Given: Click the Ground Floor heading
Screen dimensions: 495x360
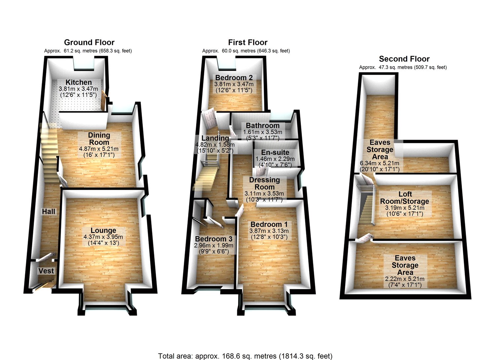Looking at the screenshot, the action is (x=89, y=42).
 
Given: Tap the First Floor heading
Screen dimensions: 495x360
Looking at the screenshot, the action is (x=247, y=42).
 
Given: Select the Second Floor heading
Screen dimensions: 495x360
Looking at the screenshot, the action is (x=404, y=59).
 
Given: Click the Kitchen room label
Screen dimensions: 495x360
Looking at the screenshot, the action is (x=79, y=82).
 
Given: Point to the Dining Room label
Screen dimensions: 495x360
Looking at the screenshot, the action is (x=99, y=139).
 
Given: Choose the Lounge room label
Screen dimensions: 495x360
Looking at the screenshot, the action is (x=103, y=230).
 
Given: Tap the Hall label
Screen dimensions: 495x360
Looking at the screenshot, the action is (x=49, y=211).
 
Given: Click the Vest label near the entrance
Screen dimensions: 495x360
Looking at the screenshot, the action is (x=46, y=271).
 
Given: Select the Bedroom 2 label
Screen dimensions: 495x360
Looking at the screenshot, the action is (x=234, y=78).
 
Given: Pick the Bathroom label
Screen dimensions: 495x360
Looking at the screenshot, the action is (x=263, y=126).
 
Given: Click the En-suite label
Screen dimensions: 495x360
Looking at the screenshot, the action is (x=275, y=152).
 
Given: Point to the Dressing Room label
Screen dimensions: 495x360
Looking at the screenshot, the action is (x=264, y=183).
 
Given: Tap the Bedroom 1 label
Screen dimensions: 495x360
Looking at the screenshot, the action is (x=269, y=224).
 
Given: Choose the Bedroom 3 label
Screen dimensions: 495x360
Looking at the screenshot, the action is (x=214, y=239).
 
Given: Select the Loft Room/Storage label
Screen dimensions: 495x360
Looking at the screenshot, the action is (x=405, y=198).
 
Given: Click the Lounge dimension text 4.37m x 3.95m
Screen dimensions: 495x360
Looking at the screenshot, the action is (x=103, y=237).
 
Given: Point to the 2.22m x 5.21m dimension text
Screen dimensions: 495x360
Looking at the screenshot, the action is (x=405, y=279).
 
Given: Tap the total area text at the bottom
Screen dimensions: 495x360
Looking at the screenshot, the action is (x=245, y=356).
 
